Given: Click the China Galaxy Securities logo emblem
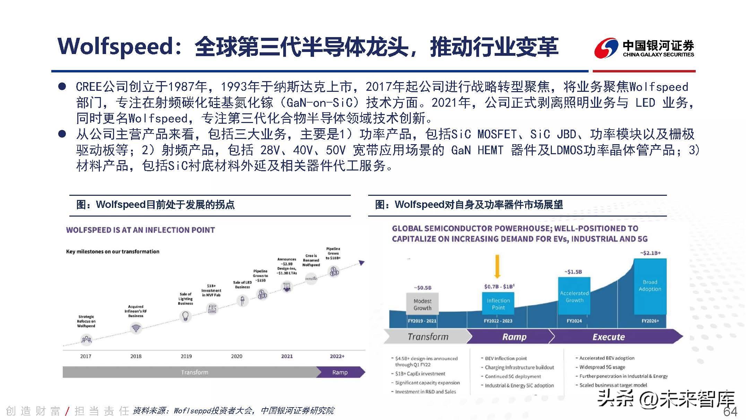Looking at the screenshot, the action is click(x=606, y=48).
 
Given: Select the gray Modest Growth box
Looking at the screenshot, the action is click(x=422, y=304).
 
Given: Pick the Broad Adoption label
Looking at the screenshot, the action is click(x=650, y=286).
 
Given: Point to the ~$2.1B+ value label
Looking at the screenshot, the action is click(x=650, y=253).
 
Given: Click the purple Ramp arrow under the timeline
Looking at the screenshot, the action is click(x=340, y=372).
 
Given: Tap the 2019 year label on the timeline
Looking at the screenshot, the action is click(x=186, y=356).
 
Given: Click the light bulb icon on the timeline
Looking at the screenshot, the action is click(x=185, y=316).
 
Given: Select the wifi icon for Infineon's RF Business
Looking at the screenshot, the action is click(x=136, y=327).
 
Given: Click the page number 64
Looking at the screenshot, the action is click(x=730, y=411).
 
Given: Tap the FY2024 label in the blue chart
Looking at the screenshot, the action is click(x=574, y=321).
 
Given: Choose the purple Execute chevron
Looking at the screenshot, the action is click(x=609, y=337).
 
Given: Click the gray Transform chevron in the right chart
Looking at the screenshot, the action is click(x=428, y=337).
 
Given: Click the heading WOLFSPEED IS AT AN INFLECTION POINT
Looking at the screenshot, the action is click(x=140, y=230).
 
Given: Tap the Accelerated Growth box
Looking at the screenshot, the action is click(x=574, y=297).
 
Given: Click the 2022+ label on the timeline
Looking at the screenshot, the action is click(x=337, y=356).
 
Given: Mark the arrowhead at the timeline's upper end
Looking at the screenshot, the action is click(x=362, y=263).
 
